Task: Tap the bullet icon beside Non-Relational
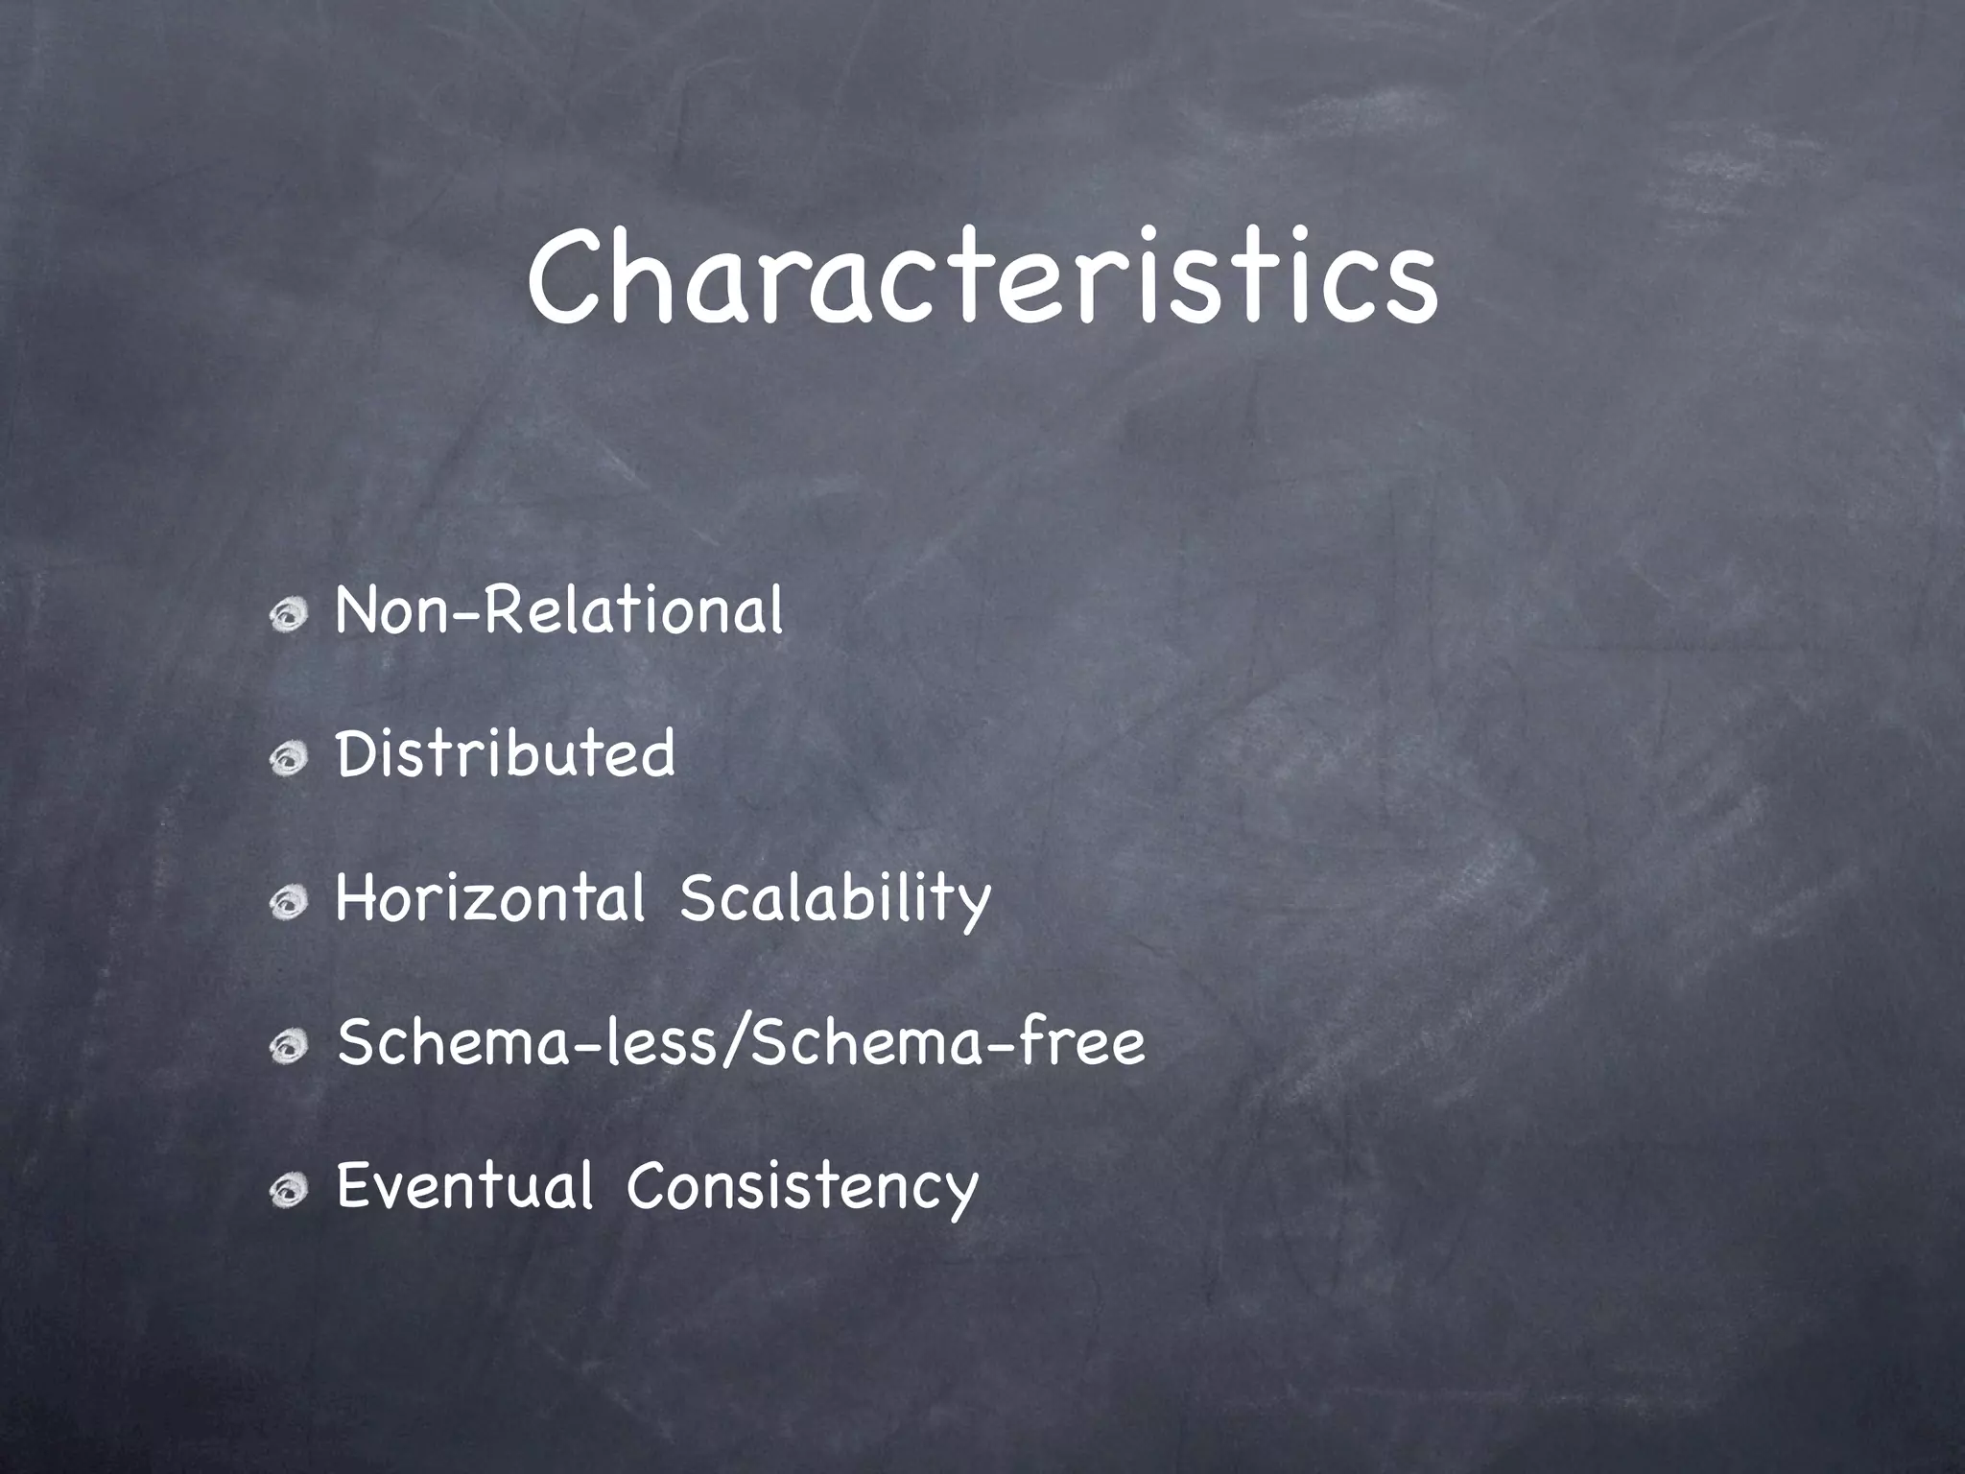288,615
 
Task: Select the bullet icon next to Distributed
288,759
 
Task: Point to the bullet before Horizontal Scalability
288,903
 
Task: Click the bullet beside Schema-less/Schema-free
288,1047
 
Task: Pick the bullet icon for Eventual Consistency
288,1191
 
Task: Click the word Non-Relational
559,610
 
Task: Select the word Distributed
506,754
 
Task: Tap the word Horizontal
490,898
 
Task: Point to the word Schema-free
948,1042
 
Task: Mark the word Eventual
465,1186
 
